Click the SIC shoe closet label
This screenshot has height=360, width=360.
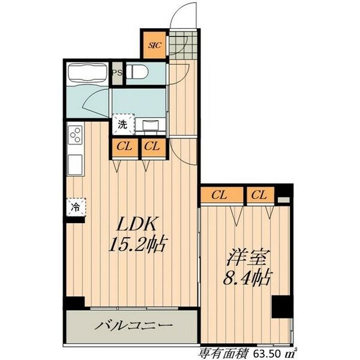click(x=155, y=45)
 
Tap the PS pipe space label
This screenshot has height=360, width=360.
click(x=117, y=73)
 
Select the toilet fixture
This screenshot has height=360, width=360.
click(x=137, y=71)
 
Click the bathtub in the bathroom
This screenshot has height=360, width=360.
click(x=88, y=73)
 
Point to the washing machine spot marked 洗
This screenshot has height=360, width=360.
click(x=122, y=124)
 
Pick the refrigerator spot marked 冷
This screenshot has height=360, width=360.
click(x=76, y=208)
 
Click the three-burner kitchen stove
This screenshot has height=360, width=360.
click(x=75, y=135)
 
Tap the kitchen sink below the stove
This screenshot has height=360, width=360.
click(x=76, y=165)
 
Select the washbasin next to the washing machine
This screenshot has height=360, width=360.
click(x=151, y=126)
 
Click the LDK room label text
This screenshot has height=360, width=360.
click(x=136, y=223)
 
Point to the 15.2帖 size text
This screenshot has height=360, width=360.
click(x=137, y=244)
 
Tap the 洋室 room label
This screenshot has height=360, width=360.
click(x=247, y=258)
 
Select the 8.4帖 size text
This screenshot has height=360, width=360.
click(x=247, y=277)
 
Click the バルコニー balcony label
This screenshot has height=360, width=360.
click(x=134, y=325)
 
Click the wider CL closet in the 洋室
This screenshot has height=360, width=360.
click(x=221, y=195)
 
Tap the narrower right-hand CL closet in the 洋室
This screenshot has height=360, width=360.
click(x=260, y=195)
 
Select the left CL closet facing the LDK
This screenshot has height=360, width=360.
click(x=125, y=146)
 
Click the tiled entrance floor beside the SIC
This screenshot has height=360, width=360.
click(x=183, y=45)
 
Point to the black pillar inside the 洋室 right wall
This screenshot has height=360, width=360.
click(x=282, y=307)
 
